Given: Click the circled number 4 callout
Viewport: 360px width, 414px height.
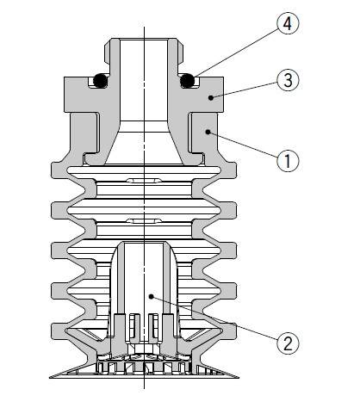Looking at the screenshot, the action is click(x=288, y=23).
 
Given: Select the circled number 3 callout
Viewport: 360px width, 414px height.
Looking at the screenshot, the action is click(x=288, y=80).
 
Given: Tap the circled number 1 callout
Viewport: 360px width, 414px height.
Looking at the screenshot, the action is click(x=288, y=161).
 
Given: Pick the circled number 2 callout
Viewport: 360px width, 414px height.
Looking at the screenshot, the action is click(x=288, y=343).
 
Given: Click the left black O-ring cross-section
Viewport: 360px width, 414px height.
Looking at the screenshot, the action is click(x=101, y=81).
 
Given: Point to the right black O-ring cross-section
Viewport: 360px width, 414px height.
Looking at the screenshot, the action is click(x=187, y=81).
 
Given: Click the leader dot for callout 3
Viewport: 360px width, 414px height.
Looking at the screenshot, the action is click(x=211, y=97).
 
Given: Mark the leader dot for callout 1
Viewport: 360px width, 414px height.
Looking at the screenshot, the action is click(x=208, y=132).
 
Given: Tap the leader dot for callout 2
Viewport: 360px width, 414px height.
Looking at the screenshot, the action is click(x=152, y=297).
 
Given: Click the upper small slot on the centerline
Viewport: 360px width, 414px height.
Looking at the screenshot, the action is click(x=144, y=181).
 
